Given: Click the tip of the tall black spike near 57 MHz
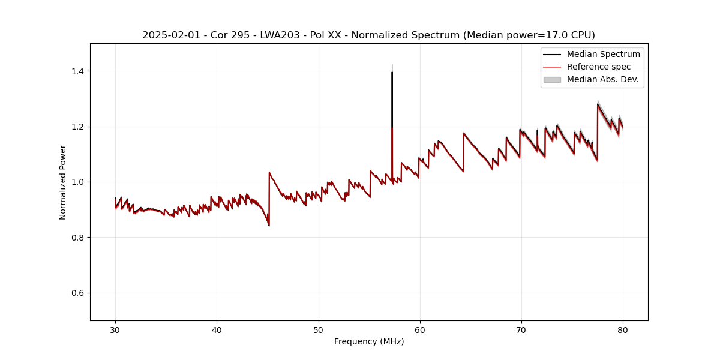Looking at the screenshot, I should [x=392, y=73].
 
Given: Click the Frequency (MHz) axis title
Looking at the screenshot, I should [x=369, y=341].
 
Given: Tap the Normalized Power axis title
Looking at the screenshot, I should [x=63, y=182].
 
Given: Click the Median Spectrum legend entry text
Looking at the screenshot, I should [x=603, y=54].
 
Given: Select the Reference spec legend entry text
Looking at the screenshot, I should [x=598, y=67].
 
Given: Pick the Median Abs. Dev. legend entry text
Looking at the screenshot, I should [x=602, y=79].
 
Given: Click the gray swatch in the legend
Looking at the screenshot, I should [x=552, y=79].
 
